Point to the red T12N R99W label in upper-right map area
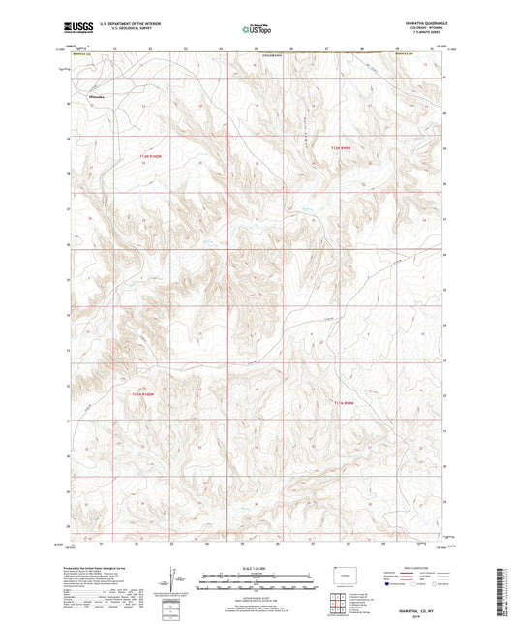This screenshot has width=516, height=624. pyautogui.click(x=338, y=147)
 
